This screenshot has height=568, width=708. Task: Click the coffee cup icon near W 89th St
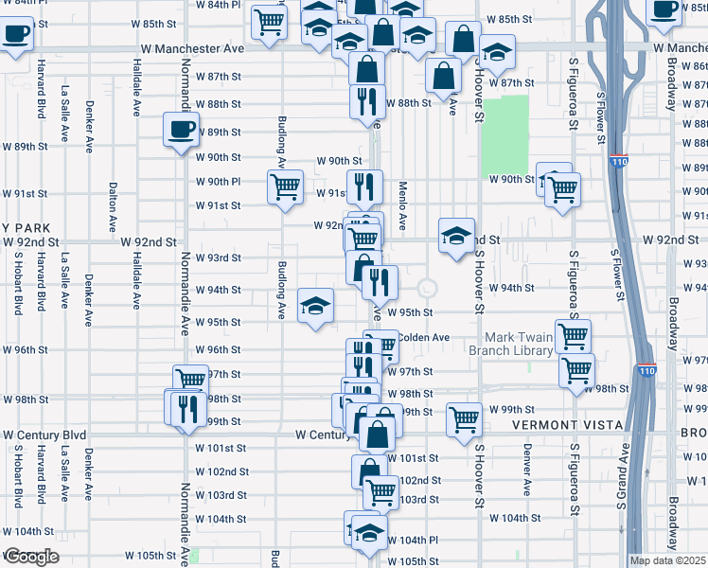pos(181,130)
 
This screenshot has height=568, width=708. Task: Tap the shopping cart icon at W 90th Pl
pos(285,186)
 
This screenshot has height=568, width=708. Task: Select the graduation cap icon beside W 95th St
pos(315,305)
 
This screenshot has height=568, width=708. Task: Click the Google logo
pos(30,557)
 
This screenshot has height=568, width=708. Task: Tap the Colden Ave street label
pos(423,337)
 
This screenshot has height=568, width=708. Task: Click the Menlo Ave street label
pos(402,206)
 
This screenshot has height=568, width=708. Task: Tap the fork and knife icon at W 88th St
pos(366,100)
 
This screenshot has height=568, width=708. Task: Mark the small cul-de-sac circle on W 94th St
pos(427,288)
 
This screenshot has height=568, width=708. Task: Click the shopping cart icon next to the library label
pos(573,335)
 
